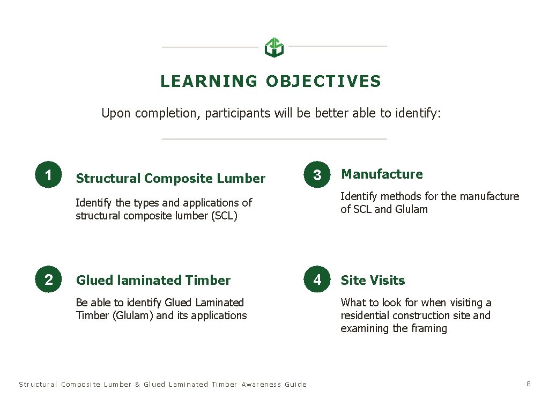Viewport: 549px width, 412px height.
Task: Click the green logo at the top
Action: point(274,47)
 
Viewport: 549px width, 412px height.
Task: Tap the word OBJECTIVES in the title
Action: point(323,82)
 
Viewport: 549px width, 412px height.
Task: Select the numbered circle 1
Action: point(49,175)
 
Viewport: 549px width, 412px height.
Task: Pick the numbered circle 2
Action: point(49,279)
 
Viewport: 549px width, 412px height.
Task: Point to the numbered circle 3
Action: point(317,175)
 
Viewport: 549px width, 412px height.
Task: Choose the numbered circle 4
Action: point(317,279)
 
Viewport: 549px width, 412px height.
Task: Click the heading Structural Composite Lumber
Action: point(170,179)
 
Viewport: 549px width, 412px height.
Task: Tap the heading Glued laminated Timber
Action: point(153,280)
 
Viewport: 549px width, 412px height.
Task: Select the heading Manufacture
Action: point(382,174)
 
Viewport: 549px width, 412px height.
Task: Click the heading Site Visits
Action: point(373,280)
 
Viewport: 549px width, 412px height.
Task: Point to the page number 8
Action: point(529,384)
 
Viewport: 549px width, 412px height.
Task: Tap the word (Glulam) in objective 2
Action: point(132,315)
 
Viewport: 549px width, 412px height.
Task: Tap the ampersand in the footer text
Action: point(137,384)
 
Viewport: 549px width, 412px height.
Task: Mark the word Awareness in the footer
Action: point(261,384)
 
